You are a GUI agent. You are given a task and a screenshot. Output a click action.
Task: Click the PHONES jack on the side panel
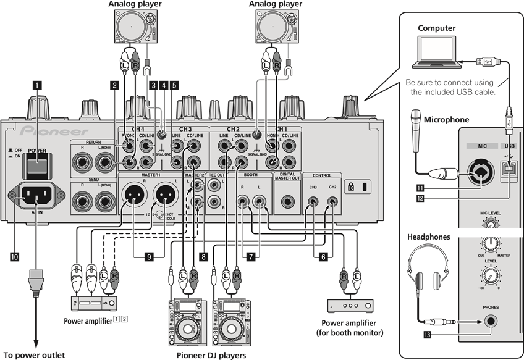[x=491, y=320]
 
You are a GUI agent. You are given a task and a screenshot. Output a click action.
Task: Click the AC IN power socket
[x=38, y=198]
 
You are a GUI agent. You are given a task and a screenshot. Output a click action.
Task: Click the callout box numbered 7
[x=250, y=254]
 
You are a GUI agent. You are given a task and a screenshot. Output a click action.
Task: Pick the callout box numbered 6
[x=323, y=254]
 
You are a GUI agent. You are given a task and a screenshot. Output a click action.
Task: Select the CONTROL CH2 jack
[x=334, y=201]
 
